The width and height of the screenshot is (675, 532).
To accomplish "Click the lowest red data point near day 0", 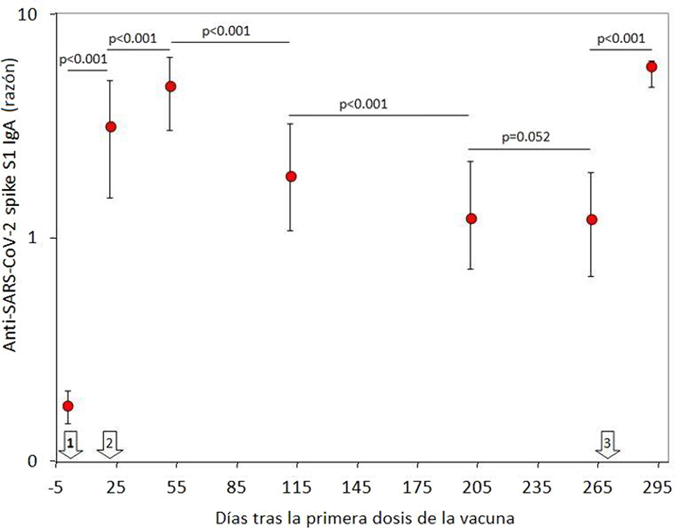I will click(x=68, y=406).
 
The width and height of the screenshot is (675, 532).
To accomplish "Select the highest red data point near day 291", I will click(x=652, y=67).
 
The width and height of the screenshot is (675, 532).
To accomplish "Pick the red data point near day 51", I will click(x=170, y=86).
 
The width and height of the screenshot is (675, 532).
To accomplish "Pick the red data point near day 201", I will click(x=471, y=219).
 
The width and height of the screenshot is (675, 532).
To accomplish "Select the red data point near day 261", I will click(x=592, y=219).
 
